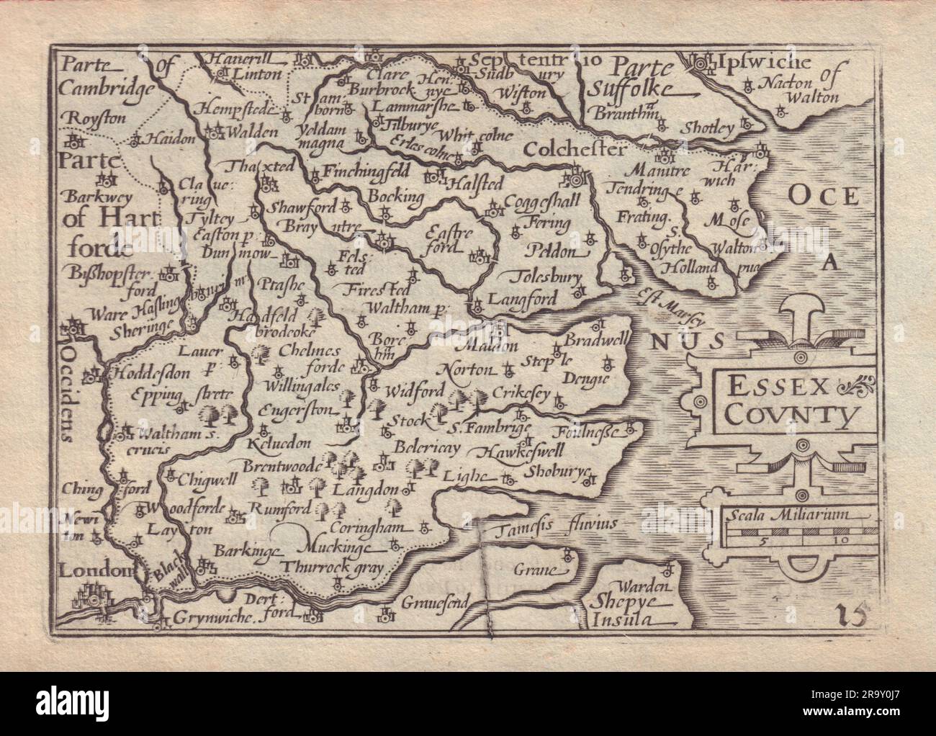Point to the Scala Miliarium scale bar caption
tap(789, 514)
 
